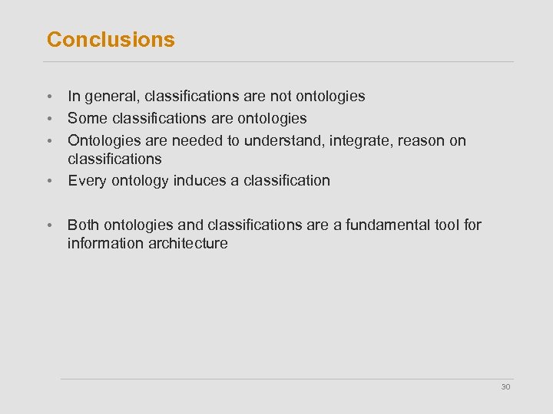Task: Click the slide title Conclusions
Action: coord(111,40)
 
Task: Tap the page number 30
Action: coord(505,387)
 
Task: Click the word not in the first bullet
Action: coord(280,97)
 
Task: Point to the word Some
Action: coord(85,118)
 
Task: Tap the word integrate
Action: coord(361,140)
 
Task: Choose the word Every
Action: coord(85,181)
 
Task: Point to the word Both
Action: coord(84,225)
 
